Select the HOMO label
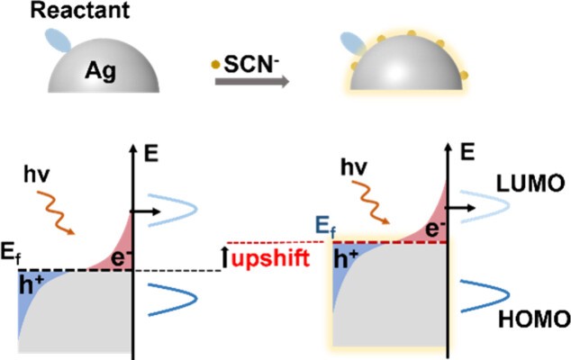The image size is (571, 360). pyautogui.click(x=538, y=318)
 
